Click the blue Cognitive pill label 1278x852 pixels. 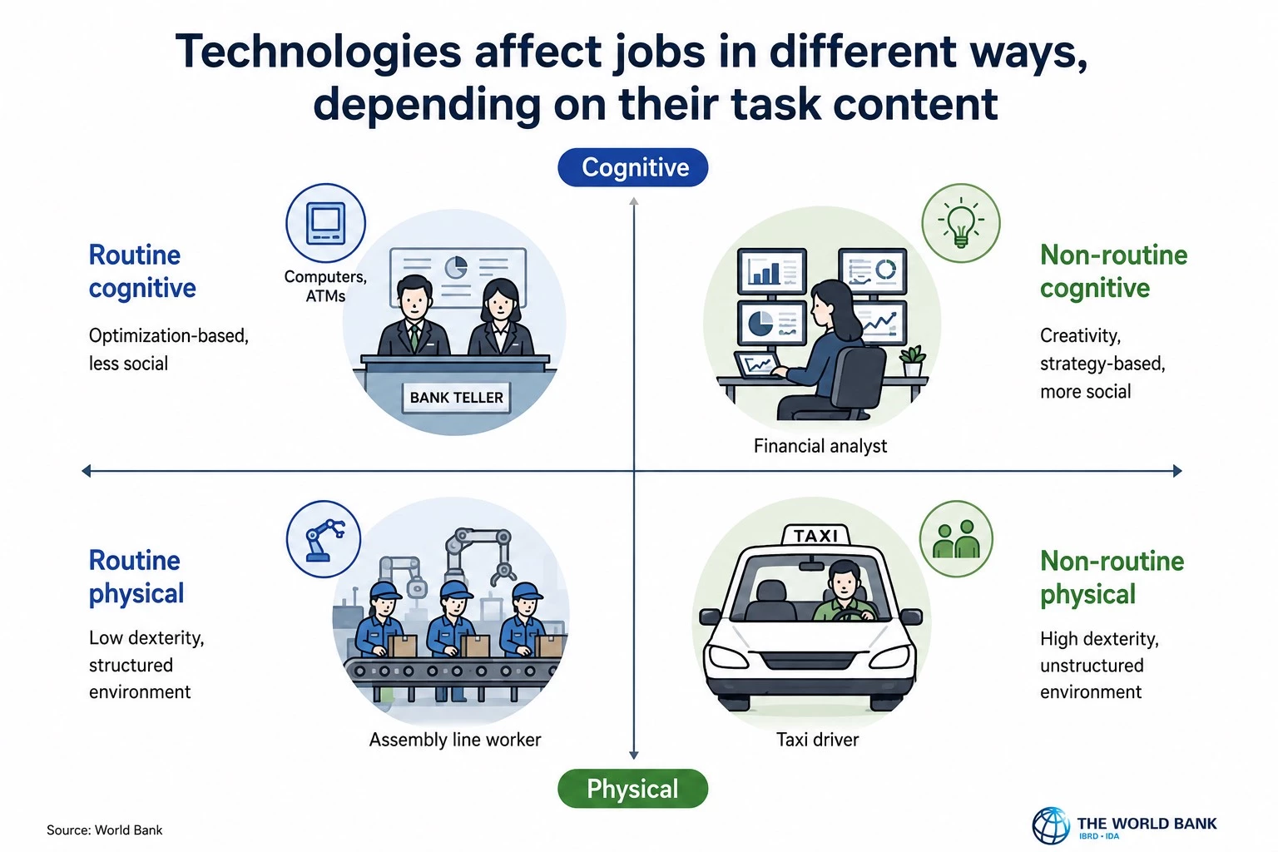coord(632,167)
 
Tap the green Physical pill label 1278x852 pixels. coord(632,789)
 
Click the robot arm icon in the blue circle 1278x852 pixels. coord(324,540)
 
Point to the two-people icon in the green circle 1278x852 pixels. coord(956,539)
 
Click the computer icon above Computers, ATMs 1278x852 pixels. coord(326,223)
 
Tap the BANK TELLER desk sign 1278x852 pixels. coord(457,398)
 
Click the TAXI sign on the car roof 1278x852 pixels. coord(816,535)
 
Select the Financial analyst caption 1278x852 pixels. coord(820,446)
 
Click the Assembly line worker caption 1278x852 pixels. coord(455,740)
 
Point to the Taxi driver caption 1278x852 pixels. coord(817,740)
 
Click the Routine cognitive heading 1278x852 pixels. coord(142,271)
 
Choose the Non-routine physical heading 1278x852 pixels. coord(1112,577)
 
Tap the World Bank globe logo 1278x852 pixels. coord(1050,825)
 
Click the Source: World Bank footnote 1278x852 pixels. coord(104,830)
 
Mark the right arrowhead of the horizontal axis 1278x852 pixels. coord(1177,471)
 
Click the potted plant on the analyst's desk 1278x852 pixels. coord(912,360)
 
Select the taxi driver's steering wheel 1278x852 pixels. coord(854,615)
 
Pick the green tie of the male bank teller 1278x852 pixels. coord(415,336)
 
